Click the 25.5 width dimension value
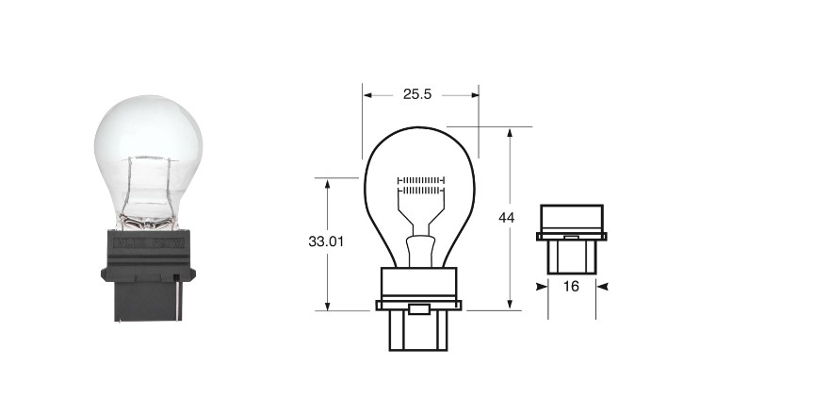click(x=417, y=94)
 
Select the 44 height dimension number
click(x=507, y=218)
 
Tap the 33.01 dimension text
click(x=326, y=241)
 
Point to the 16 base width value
click(x=571, y=286)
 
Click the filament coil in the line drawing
click(x=421, y=186)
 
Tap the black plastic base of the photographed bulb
click(x=148, y=275)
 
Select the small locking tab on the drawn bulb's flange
click(x=418, y=309)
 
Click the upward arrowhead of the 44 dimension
click(x=510, y=133)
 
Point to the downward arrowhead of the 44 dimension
click(x=510, y=305)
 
